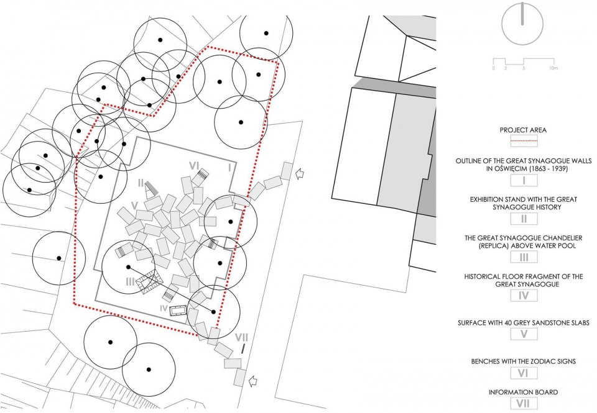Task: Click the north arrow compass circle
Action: click(522, 24)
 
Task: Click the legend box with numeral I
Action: click(522, 181)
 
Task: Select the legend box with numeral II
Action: click(522, 218)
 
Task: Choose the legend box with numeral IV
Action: click(522, 296)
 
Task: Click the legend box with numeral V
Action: click(522, 334)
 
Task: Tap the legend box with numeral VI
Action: click(522, 373)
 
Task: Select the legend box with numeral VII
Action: click(522, 404)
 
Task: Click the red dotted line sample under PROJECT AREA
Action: click(522, 142)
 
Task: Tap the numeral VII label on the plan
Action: click(243, 337)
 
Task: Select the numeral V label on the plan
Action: click(134, 206)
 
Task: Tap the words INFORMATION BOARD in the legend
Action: click(522, 392)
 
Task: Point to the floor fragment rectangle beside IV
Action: click(179, 311)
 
